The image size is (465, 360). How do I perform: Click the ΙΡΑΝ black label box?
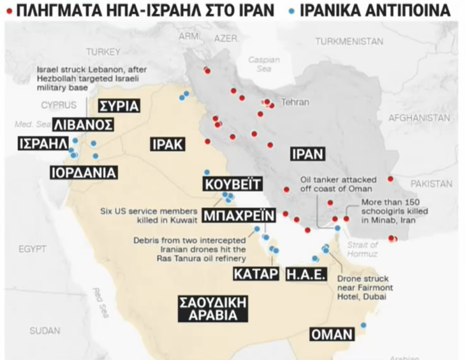(x=308, y=154)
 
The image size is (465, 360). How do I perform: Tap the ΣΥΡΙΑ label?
(x=115, y=105)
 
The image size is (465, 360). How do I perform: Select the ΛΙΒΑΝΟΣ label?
(x=84, y=124)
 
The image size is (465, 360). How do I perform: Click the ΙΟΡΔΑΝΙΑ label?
(x=84, y=172)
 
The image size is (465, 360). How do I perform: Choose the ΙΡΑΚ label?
(x=167, y=144)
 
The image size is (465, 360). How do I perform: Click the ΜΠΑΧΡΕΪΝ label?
(x=239, y=214)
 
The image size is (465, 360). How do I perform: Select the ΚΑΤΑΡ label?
(x=256, y=274)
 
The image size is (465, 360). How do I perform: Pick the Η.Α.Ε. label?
(x=306, y=274)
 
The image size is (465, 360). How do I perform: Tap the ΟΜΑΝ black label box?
(x=332, y=334)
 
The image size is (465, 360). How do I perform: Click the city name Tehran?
(x=295, y=102)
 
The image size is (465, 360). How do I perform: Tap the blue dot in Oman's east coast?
(x=364, y=326)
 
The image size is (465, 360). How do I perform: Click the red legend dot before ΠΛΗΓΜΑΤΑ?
(x=8, y=10)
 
